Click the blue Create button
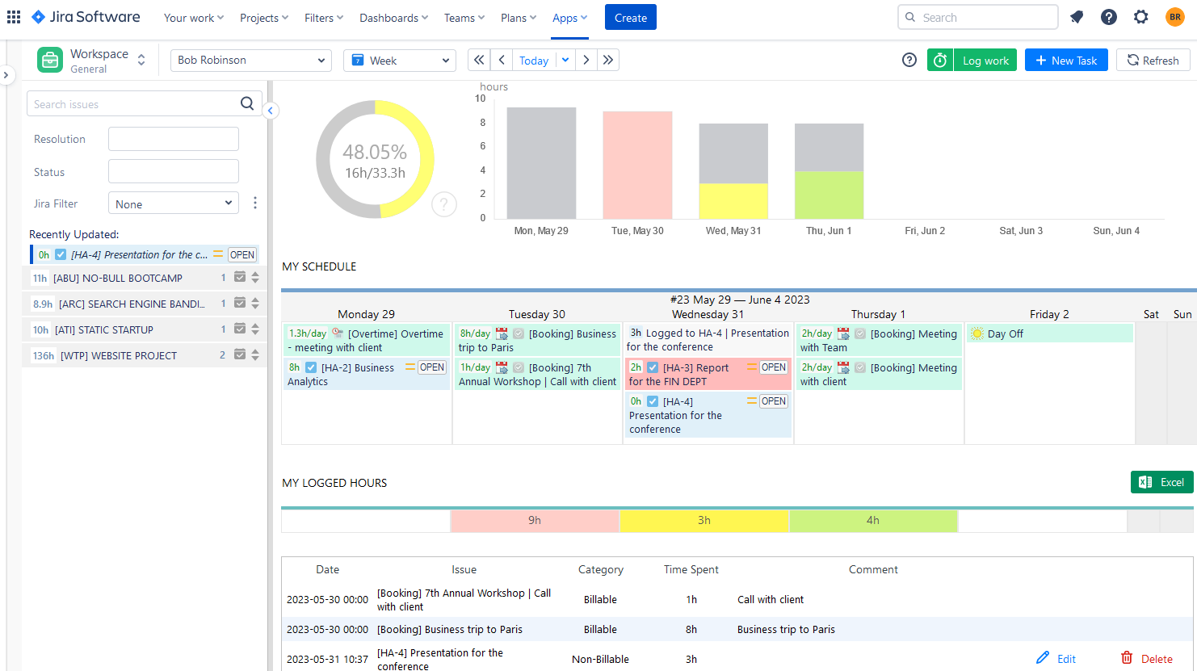tap(630, 18)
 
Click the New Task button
tap(1066, 61)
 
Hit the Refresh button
tap(1153, 61)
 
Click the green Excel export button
tap(1161, 482)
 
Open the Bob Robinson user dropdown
tap(250, 61)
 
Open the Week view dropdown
tap(399, 61)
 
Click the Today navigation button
tap(533, 61)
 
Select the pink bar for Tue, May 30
tap(637, 166)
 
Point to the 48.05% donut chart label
tap(375, 152)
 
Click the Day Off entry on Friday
tap(1006, 333)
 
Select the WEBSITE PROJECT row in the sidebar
tap(118, 355)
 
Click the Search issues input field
tap(133, 104)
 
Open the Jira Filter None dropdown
tap(174, 203)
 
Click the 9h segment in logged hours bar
tap(535, 521)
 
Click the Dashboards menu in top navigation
tap(393, 18)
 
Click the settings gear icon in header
tap(1140, 17)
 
